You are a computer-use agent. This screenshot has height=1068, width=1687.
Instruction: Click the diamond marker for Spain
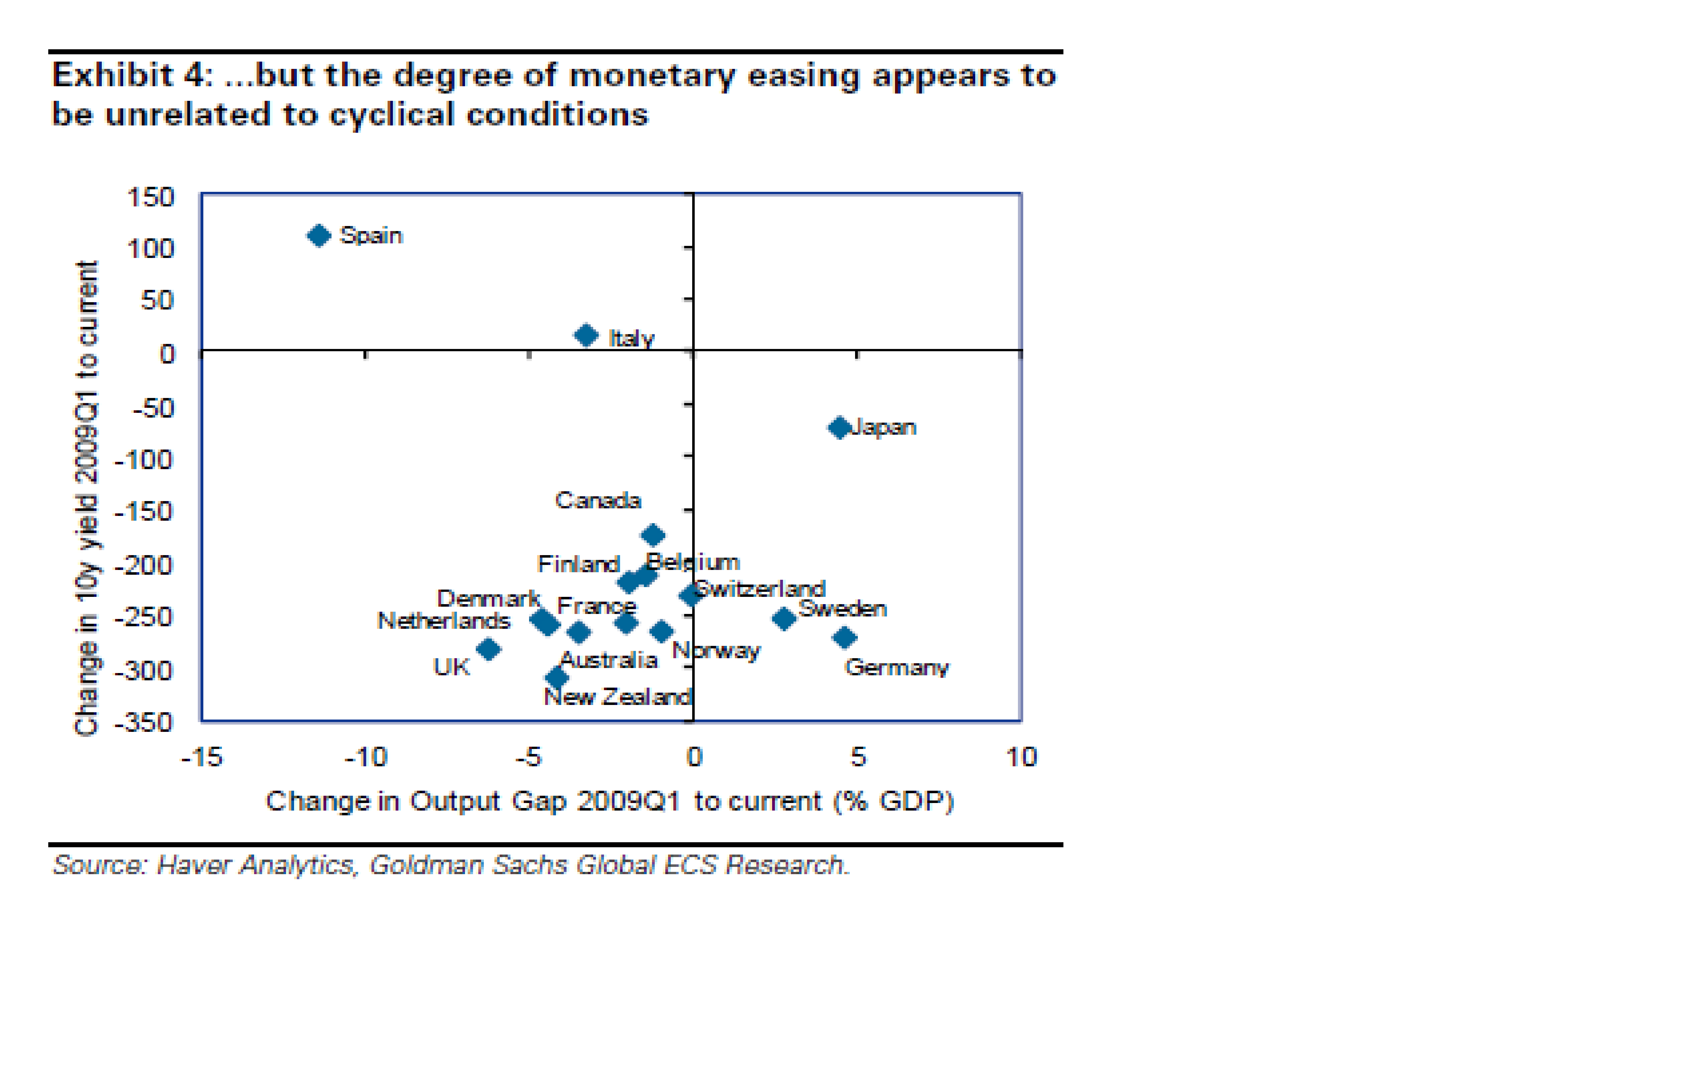click(319, 236)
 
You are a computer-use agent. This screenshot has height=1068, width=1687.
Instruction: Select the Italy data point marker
click(586, 336)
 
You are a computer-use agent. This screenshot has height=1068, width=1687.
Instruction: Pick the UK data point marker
click(488, 649)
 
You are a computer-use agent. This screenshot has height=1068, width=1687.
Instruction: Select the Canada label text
click(598, 500)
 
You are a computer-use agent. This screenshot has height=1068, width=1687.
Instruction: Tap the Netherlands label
click(443, 621)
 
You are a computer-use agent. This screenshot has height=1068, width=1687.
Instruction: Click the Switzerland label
click(760, 589)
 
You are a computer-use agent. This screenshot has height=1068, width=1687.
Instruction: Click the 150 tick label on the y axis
click(150, 198)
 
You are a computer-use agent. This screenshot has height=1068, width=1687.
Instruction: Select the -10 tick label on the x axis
click(366, 757)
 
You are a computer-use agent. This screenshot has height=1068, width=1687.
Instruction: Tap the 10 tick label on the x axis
click(1021, 757)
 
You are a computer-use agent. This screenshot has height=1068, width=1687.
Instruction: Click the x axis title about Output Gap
click(610, 801)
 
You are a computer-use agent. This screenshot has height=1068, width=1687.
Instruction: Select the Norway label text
click(716, 651)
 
